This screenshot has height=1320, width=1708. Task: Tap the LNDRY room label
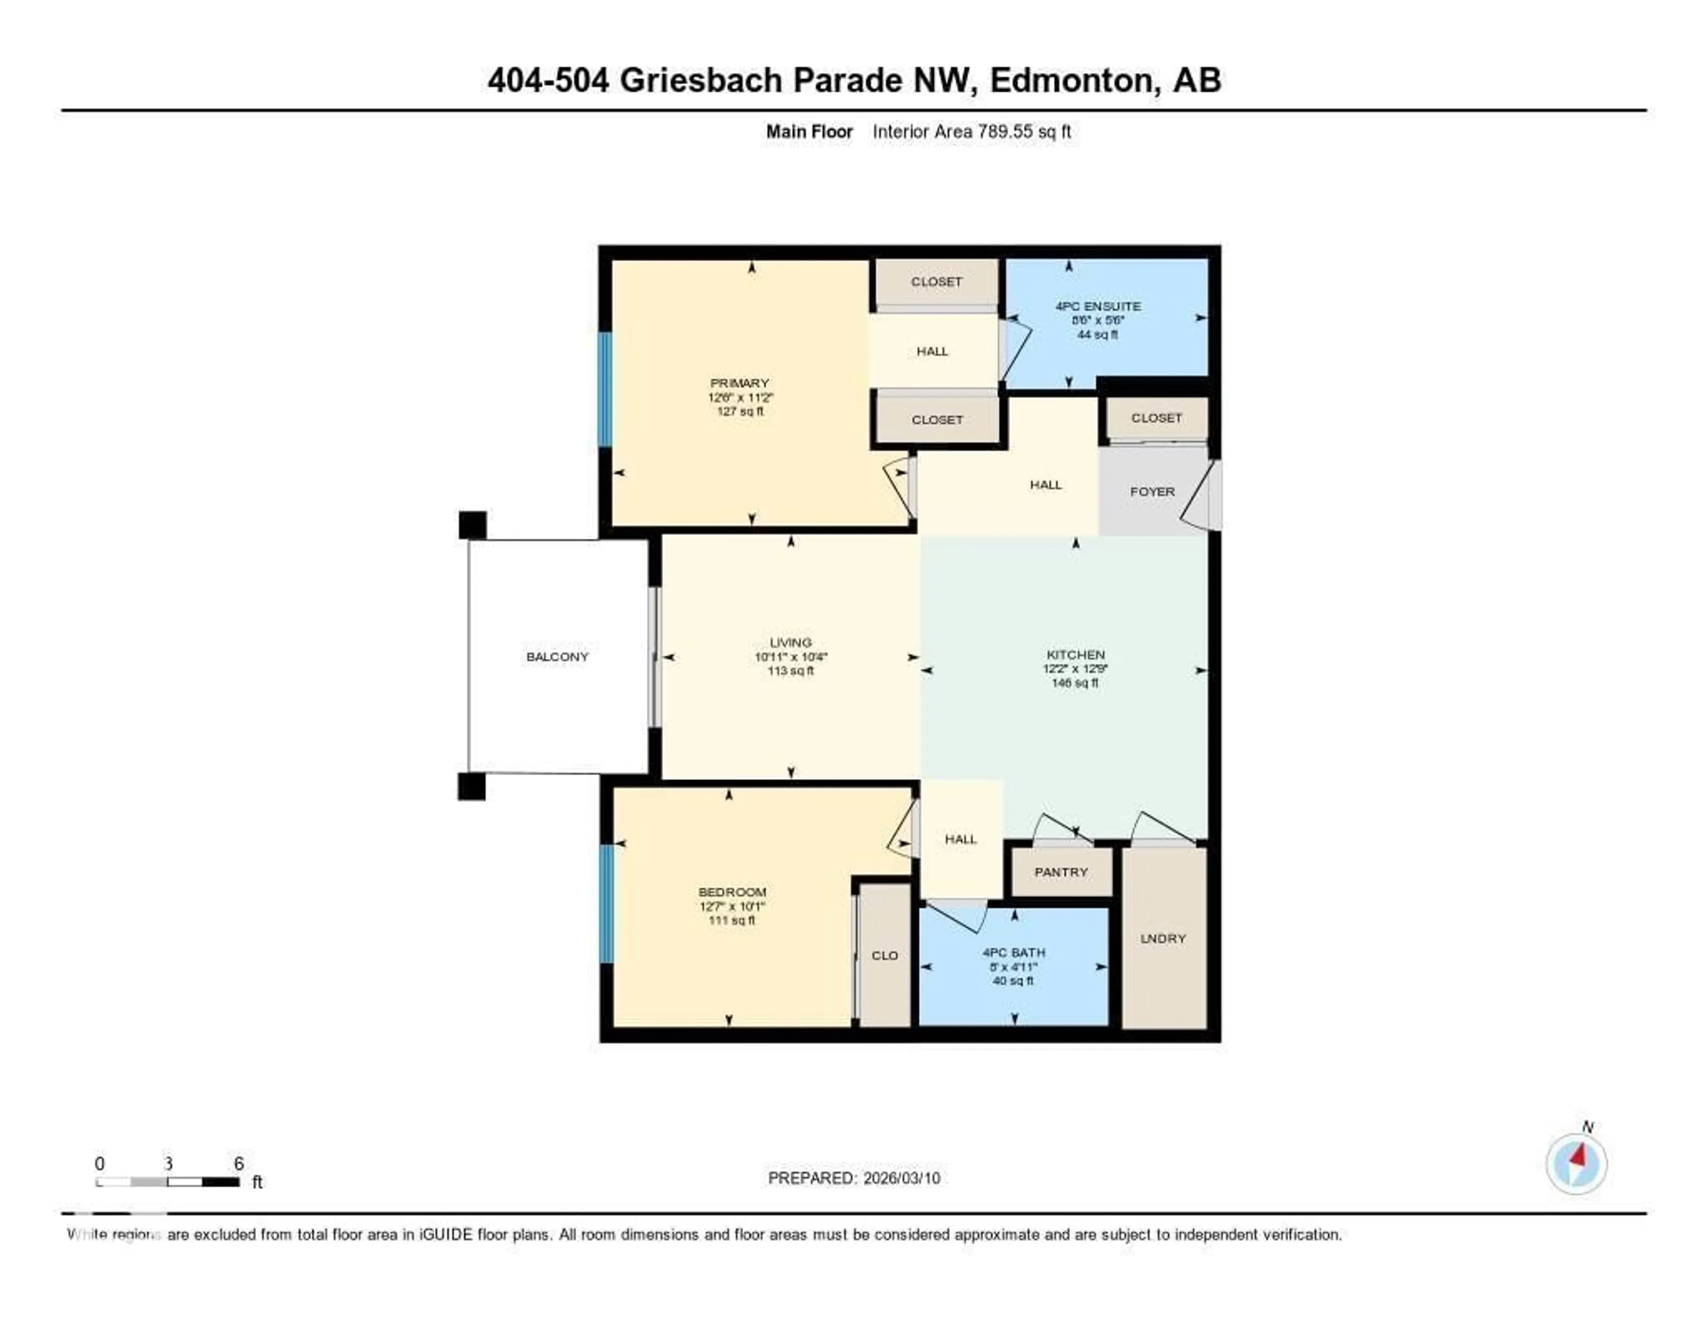(1163, 938)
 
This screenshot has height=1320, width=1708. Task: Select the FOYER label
(1152, 491)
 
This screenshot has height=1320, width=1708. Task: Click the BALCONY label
(557, 656)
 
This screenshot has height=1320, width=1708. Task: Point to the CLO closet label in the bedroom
(885, 956)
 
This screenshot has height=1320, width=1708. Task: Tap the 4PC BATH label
(1014, 952)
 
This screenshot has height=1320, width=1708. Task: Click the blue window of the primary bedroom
(604, 389)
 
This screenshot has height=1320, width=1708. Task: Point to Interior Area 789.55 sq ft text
(971, 131)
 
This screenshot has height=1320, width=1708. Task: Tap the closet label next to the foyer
(1156, 418)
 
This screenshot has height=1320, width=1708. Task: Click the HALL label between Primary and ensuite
(932, 351)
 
